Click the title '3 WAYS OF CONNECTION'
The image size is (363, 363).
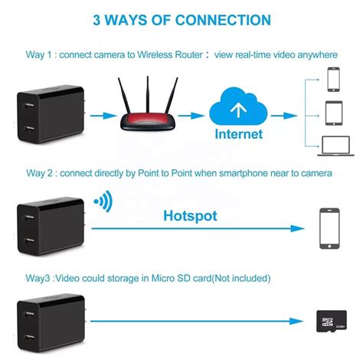coord(181,21)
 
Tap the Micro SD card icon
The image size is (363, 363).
coord(330,322)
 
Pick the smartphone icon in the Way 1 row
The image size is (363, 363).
coord(334,78)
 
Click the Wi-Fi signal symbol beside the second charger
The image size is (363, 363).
coord(101,202)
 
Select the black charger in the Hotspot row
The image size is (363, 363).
coord(47,226)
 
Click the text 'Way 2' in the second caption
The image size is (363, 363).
coord(39,174)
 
